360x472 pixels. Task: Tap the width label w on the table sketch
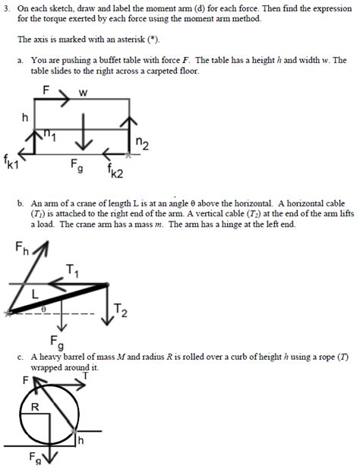pos(84,93)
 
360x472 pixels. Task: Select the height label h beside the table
pos(25,118)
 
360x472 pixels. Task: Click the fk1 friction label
pos(11,162)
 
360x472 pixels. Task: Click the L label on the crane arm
pos(35,292)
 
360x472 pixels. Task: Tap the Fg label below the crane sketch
pos(57,341)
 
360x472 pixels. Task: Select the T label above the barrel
pos(86,374)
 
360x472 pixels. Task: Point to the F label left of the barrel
pos(26,379)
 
